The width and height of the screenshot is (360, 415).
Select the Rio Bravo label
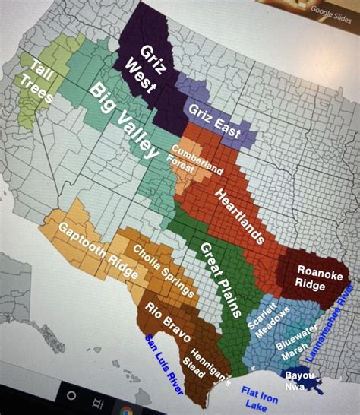pos(163,319)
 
